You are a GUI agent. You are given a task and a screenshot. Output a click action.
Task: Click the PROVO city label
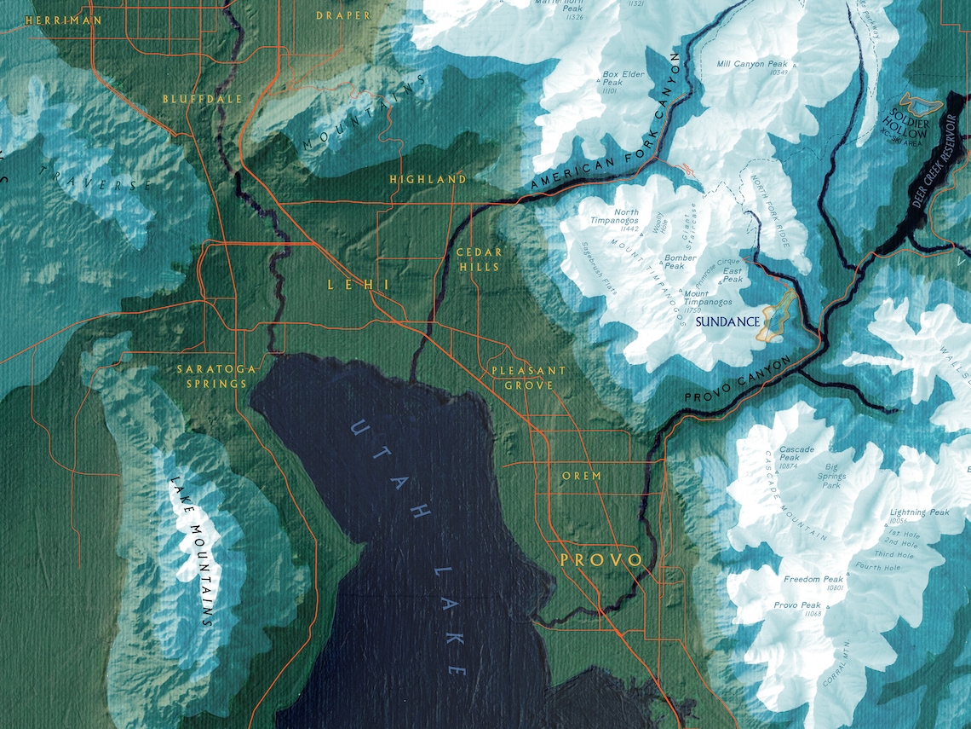pyautogui.click(x=600, y=560)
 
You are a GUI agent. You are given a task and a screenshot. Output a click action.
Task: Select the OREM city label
pyautogui.click(x=582, y=476)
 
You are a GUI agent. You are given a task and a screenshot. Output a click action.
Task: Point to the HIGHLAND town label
pyautogui.click(x=428, y=179)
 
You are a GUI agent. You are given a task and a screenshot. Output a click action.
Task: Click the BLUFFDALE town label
pyautogui.click(x=203, y=99)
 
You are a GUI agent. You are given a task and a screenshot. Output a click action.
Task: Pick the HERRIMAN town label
pyautogui.click(x=63, y=20)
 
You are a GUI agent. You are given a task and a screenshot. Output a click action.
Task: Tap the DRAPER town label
pyautogui.click(x=343, y=15)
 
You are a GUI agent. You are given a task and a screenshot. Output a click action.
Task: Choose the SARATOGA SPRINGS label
pyautogui.click(x=211, y=376)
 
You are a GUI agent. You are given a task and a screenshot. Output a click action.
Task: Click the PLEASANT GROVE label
pyautogui.click(x=528, y=378)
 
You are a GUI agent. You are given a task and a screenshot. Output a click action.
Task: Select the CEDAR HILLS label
pyautogui.click(x=479, y=259)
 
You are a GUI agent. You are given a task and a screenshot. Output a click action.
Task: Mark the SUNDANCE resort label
pyautogui.click(x=727, y=322)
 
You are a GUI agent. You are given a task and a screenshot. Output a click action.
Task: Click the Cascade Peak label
pyautogui.click(x=796, y=454)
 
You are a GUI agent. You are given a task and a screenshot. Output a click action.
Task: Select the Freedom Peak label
pyautogui.click(x=813, y=580)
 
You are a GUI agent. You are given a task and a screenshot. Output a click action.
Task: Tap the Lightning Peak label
pyautogui.click(x=919, y=513)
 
